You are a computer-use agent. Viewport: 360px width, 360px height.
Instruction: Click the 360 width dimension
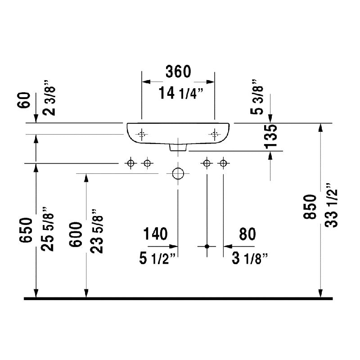pos(178,71)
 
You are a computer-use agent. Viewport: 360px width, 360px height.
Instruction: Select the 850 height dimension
pos(310,207)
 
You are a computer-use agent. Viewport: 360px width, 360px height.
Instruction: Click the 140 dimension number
pos(155,234)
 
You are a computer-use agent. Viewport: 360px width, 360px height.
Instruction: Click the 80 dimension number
pos(247,234)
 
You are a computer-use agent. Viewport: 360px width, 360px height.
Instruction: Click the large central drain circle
pos(178,173)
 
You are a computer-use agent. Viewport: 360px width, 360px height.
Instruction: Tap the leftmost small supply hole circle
pos(130,163)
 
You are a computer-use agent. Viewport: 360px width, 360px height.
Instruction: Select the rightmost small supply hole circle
pos(222,163)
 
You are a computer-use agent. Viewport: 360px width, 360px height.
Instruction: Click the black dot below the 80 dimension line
pos(207,246)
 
